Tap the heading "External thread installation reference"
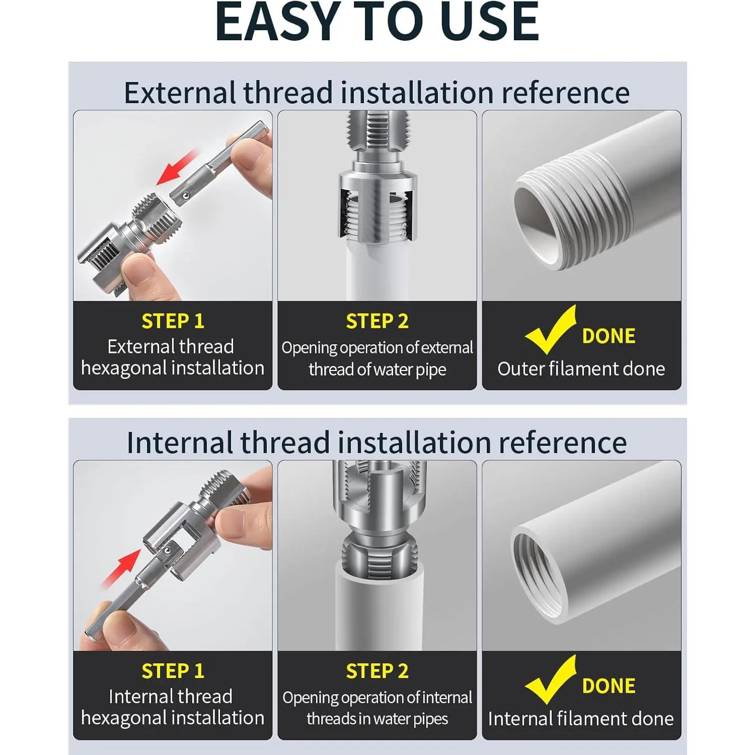tap(377, 93)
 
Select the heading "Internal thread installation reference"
tap(377, 442)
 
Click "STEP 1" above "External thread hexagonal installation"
tap(173, 321)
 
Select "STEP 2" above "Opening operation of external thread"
tap(377, 321)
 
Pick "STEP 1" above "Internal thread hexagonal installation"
tap(173, 671)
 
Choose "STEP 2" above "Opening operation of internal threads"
tap(377, 671)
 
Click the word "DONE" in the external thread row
tap(609, 336)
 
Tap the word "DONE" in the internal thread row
tap(609, 686)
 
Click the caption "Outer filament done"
tap(581, 369)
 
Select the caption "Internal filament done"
tap(581, 719)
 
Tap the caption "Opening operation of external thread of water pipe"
tap(377, 358)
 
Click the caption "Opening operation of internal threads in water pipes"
tap(377, 708)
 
